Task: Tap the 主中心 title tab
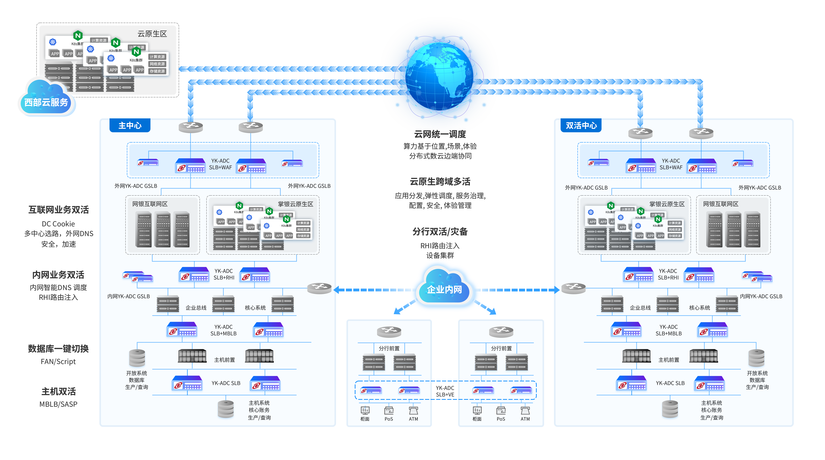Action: tap(130, 125)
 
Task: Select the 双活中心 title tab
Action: tap(581, 125)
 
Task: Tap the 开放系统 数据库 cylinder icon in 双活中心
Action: tap(757, 358)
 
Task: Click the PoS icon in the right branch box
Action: tap(501, 411)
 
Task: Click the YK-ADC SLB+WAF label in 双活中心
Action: tap(671, 164)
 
